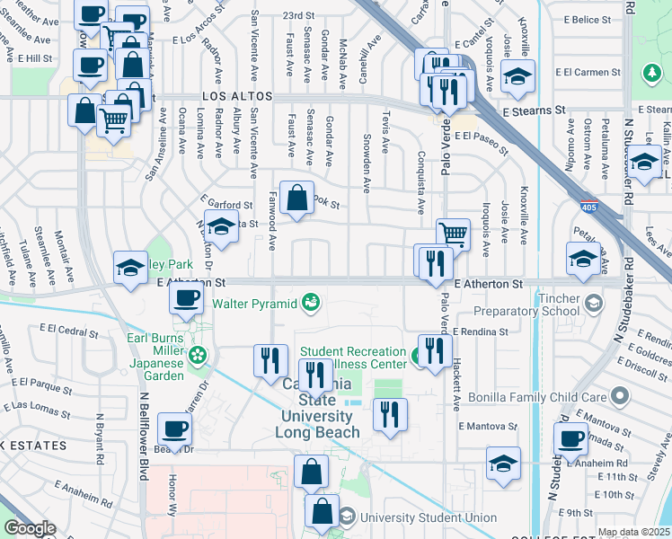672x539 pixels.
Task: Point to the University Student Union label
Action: click(429, 517)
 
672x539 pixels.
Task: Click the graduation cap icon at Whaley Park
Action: click(131, 268)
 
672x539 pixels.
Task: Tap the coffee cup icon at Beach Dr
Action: click(175, 429)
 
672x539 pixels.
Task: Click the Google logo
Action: click(30, 528)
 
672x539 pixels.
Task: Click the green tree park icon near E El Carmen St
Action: click(650, 73)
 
